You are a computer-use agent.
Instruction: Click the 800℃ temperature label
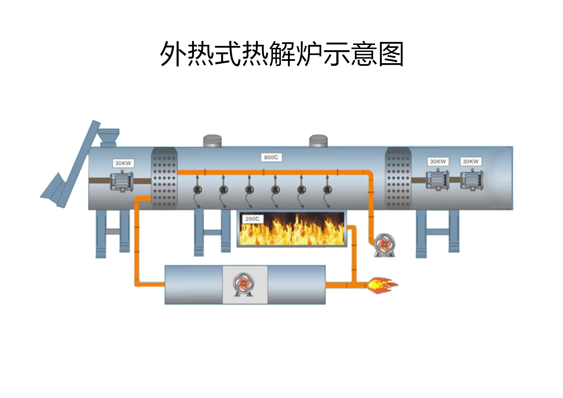tap(271, 158)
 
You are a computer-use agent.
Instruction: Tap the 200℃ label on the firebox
tap(252, 219)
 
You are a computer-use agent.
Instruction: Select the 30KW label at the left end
tap(123, 163)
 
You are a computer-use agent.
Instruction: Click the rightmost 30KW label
tap(470, 162)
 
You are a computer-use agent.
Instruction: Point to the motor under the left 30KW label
tap(122, 181)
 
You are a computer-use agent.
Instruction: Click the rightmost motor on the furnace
tap(472, 180)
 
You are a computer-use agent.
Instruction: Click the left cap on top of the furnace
tap(212, 141)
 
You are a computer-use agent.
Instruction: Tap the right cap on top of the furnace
tap(318, 141)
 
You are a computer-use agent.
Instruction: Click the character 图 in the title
tap(391, 54)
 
